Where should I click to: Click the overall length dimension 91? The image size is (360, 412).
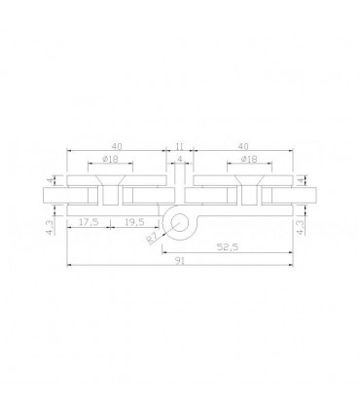click(x=180, y=261)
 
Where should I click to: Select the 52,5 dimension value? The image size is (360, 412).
click(x=228, y=247)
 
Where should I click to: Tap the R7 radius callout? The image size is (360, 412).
click(x=152, y=239)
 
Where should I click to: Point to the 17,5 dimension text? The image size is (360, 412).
click(x=89, y=222)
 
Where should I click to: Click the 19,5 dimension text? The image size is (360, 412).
click(x=134, y=222)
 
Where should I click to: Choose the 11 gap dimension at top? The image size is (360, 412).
click(x=180, y=146)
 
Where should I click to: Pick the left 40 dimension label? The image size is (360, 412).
click(x=118, y=146)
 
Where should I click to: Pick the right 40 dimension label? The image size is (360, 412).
click(x=243, y=146)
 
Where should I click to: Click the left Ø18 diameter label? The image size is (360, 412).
click(x=110, y=159)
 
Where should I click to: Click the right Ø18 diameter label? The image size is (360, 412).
click(x=249, y=159)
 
